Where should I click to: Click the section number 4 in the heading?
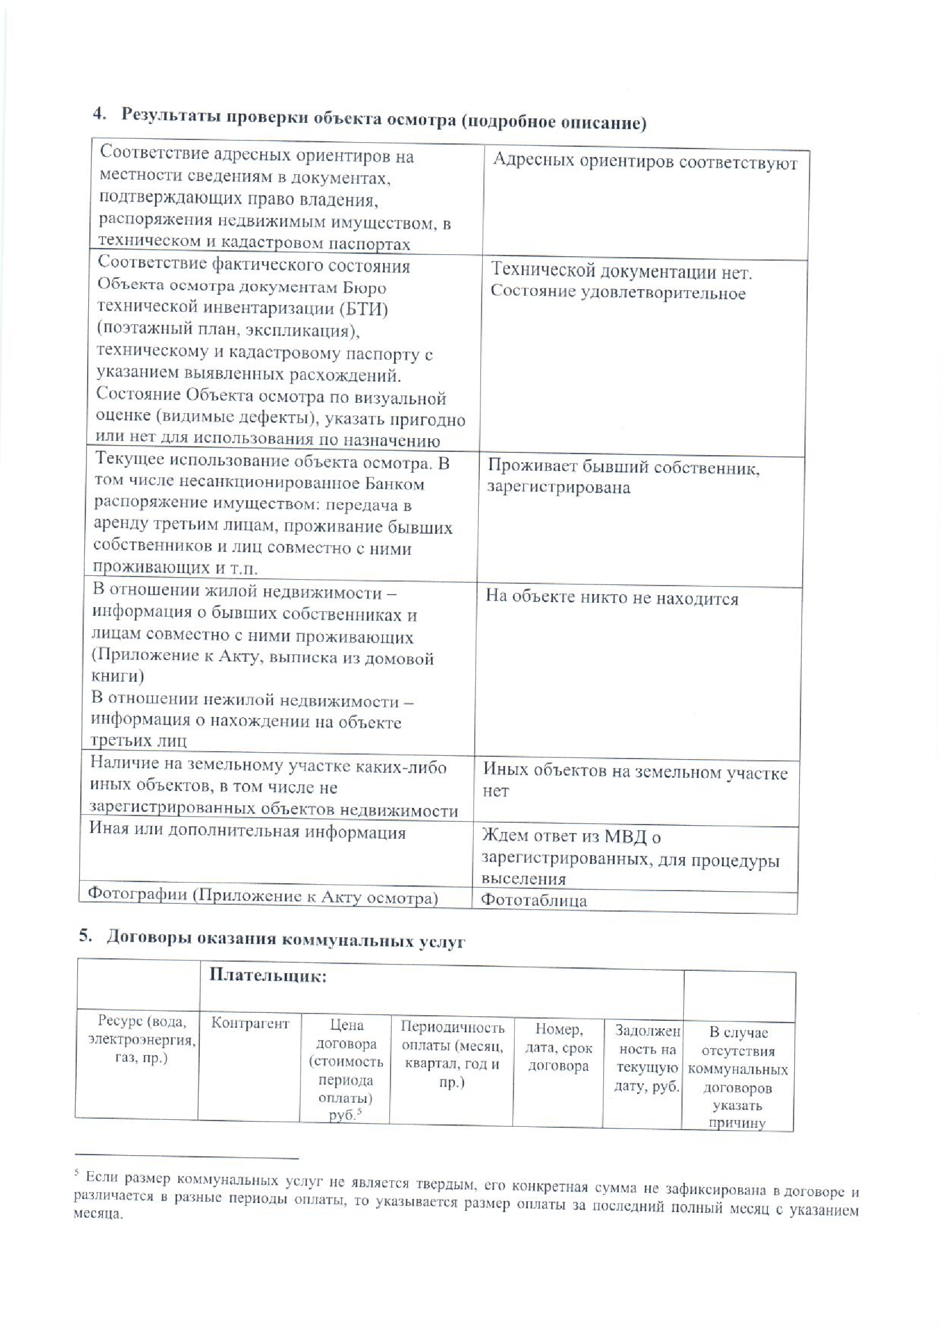99,114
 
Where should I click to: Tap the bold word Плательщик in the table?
268,976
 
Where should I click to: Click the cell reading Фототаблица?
534,900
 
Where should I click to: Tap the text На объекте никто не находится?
612,597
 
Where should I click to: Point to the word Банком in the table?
398,484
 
